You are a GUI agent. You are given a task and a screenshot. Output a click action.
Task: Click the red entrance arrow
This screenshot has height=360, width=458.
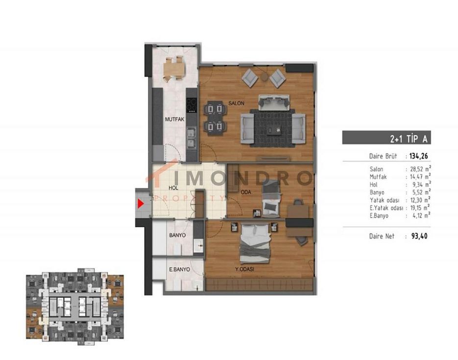141,203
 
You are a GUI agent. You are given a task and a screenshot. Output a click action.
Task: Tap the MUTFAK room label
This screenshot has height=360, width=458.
175,119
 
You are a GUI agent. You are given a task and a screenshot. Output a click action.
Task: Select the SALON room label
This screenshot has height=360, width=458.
236,103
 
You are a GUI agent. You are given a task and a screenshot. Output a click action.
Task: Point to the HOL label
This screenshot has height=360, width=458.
173,188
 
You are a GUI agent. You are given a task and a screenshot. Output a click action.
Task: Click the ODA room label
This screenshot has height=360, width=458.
246,192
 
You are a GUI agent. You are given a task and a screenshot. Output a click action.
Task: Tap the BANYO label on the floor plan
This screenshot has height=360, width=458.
177,235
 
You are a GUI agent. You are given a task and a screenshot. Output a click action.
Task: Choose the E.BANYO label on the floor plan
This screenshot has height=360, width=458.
180,269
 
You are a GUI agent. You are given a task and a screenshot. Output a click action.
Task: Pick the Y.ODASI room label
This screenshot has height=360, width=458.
244,269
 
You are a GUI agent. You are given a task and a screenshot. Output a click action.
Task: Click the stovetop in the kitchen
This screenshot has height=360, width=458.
192,105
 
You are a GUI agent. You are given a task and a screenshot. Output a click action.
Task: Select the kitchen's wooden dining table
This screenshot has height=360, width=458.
174,69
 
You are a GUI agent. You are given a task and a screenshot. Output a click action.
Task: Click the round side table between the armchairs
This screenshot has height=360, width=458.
265,77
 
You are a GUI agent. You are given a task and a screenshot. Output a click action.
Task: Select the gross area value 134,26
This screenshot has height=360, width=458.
418,156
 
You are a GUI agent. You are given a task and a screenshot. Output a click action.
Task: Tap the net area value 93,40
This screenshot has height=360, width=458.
419,236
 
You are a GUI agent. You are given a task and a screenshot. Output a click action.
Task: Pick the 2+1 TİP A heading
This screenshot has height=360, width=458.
409,139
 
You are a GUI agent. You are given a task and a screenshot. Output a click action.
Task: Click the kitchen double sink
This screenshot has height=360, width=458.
192,138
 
